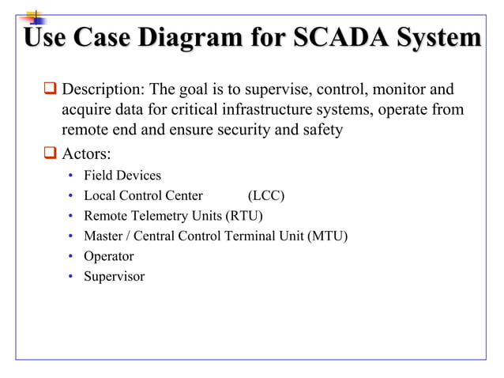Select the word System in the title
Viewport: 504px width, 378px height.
(437, 37)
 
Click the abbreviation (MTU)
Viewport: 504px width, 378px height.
(328, 236)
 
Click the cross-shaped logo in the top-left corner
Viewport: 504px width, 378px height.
(34, 17)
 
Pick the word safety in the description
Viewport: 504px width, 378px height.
(321, 130)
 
